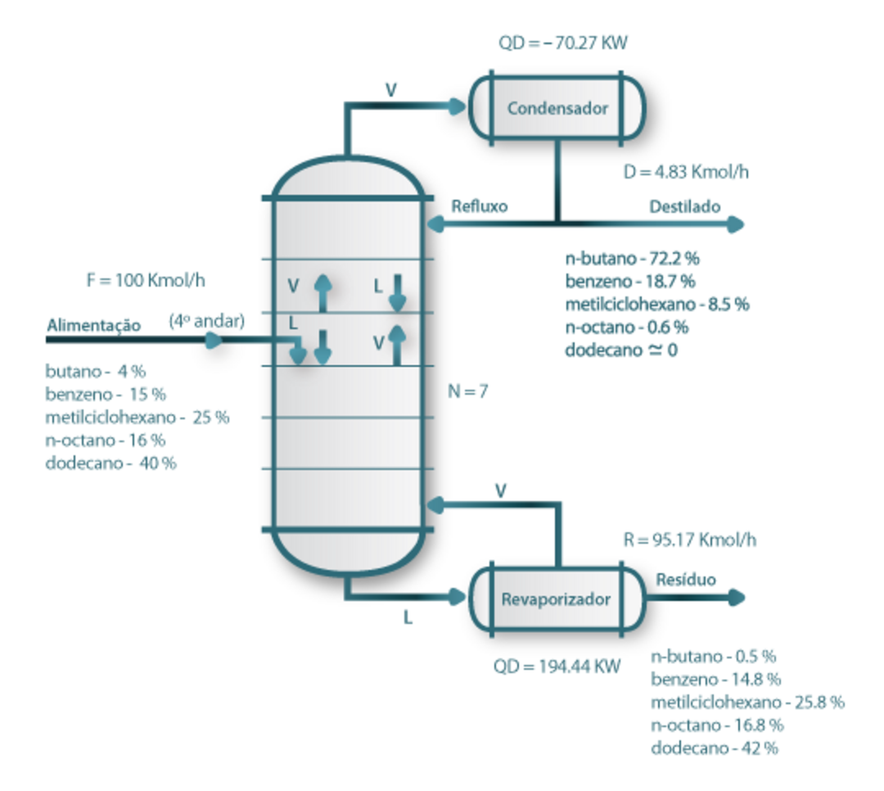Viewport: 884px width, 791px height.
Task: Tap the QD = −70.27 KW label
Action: click(x=562, y=43)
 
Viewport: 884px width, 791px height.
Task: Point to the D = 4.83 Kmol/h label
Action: click(x=687, y=174)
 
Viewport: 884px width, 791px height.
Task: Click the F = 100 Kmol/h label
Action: click(x=145, y=280)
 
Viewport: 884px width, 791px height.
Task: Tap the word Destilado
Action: click(x=685, y=206)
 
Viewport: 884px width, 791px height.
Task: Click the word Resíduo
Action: click(x=686, y=580)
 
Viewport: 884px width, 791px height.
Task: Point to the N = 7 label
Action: click(x=468, y=391)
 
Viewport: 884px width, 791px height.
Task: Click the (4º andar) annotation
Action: click(x=207, y=321)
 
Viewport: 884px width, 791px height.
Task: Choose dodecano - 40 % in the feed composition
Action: click(x=110, y=463)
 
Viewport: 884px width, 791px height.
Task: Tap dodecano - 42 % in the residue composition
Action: click(x=714, y=748)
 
